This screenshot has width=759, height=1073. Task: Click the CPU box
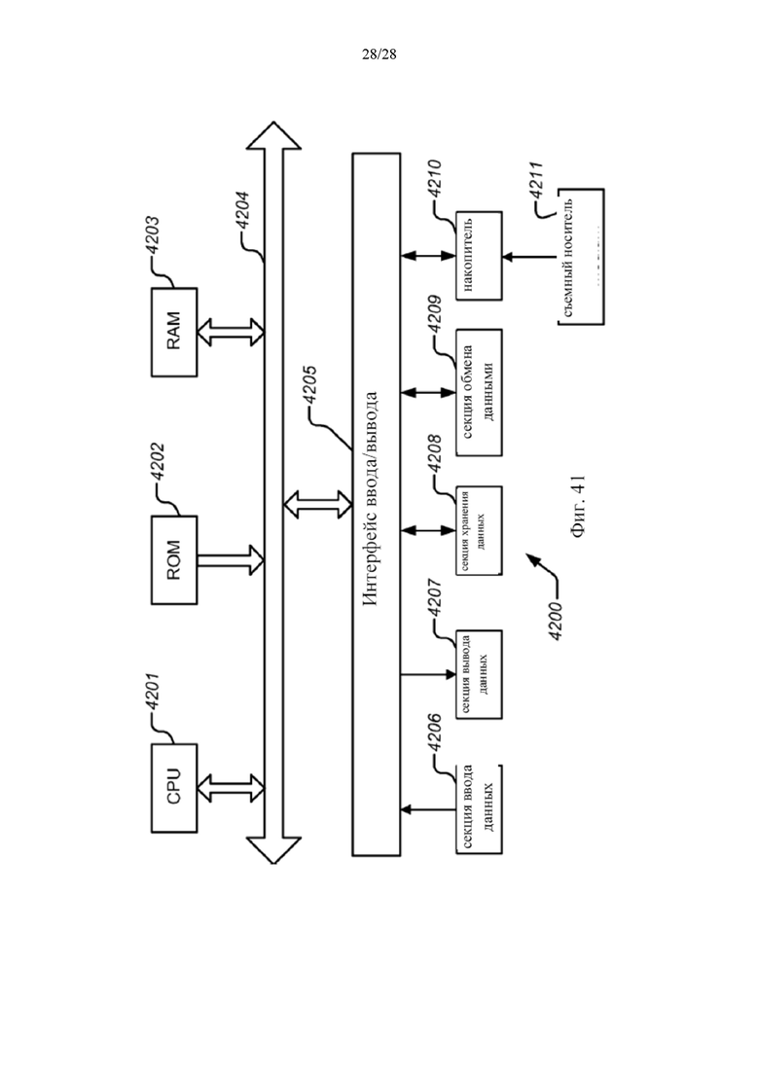[174, 788]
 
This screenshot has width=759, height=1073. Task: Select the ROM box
[174, 559]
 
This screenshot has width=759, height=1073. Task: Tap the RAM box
[174, 332]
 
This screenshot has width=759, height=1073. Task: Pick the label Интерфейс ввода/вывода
[370, 499]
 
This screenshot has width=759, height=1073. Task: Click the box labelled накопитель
[479, 255]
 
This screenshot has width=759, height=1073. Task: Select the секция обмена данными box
[479, 392]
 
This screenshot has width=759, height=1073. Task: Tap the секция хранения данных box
[479, 530]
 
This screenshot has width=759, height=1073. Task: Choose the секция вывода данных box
[479, 674]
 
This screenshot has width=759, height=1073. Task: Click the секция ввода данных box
[479, 808]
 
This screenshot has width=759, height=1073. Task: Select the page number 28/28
[379, 54]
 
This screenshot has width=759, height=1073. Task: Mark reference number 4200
[556, 621]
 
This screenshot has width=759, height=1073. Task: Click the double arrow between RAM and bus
[231, 332]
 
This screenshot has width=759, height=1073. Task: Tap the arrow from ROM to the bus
[231, 559]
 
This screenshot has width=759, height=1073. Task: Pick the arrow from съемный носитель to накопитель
[529, 257]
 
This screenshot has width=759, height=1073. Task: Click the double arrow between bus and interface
[317, 504]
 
